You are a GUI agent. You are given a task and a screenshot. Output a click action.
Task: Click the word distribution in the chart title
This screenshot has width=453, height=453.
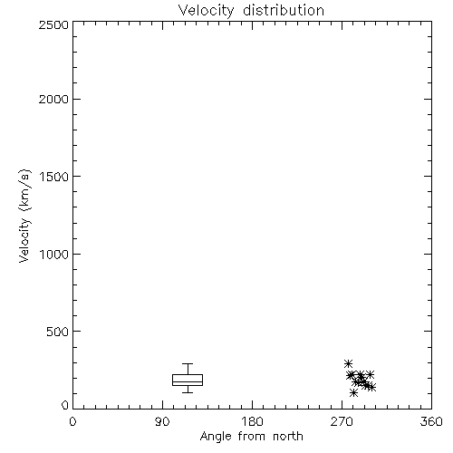284,11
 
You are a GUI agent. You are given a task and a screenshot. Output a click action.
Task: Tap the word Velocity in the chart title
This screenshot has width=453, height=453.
206,11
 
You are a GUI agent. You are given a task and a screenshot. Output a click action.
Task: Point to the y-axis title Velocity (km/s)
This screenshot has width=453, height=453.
24,216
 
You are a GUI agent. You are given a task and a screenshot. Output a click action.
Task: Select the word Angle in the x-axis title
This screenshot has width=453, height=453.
216,437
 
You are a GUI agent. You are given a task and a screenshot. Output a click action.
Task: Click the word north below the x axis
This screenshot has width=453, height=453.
288,436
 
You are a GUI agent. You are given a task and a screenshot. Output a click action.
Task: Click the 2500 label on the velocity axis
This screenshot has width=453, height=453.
53,24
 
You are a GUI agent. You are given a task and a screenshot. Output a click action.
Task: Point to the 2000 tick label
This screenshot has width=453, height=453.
53,99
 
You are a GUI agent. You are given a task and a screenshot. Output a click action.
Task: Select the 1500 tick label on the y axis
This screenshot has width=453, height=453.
54,177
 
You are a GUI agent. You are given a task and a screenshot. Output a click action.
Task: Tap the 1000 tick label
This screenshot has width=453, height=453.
54,255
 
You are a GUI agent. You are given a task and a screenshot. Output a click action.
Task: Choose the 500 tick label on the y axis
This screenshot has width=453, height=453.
58,332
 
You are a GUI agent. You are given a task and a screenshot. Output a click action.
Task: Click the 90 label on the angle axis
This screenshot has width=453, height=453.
162,421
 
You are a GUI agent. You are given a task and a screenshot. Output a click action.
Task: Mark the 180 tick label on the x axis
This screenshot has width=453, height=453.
252,421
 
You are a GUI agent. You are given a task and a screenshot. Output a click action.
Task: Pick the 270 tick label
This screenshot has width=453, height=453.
342,421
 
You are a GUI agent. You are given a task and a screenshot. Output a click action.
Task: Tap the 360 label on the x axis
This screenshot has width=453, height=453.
431,421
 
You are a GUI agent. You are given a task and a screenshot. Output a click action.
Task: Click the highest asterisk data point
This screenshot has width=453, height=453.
349,364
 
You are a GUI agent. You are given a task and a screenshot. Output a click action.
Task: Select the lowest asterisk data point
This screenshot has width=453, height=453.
353,393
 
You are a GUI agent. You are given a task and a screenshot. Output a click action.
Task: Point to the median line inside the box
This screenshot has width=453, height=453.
188,381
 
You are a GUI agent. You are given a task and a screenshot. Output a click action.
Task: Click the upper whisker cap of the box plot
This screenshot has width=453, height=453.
188,364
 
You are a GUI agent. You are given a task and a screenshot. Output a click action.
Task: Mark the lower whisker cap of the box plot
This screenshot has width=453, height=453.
188,392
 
